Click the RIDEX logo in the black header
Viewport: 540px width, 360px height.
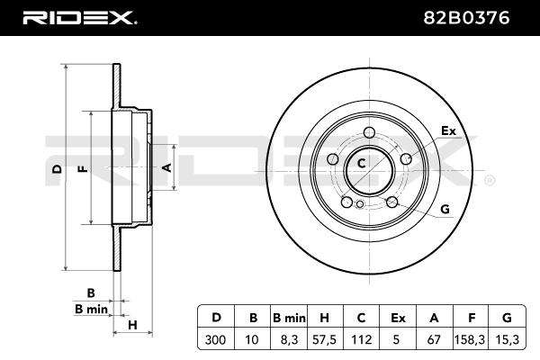click(80, 18)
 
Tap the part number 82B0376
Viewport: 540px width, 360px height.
click(466, 18)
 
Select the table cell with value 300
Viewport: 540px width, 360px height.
click(215, 339)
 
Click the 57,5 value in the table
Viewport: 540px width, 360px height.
click(324, 339)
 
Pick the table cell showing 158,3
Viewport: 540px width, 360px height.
click(470, 339)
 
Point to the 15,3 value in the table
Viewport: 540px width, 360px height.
click(508, 339)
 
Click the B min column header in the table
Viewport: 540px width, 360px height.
click(289, 318)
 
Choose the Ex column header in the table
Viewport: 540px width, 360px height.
click(398, 318)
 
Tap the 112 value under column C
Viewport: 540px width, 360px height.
click(361, 339)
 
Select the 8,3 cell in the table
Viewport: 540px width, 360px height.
click(288, 339)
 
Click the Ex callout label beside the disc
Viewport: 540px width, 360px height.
click(448, 130)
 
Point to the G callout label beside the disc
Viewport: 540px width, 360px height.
click(445, 209)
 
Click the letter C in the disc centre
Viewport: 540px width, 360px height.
click(361, 163)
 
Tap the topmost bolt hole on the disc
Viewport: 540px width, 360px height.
click(369, 132)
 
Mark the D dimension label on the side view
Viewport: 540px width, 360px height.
click(58, 169)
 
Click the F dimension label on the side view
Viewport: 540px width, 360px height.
click(83, 169)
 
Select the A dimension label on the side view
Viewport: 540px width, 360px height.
click(167, 167)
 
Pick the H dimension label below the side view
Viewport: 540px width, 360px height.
click(132, 325)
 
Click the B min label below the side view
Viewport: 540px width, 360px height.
click(91, 309)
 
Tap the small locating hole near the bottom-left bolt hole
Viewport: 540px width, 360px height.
click(360, 204)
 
